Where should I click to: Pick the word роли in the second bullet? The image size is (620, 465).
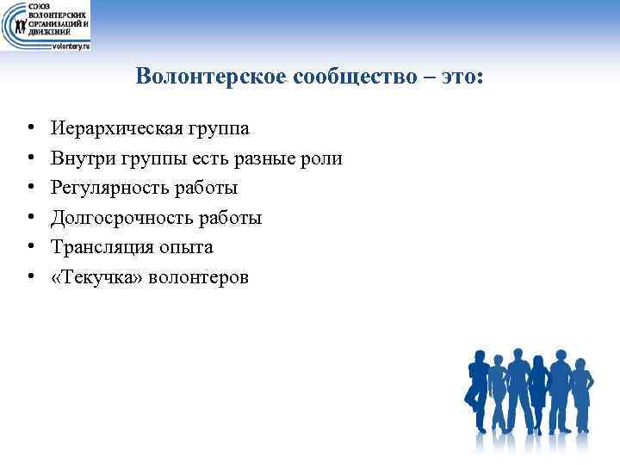pyautogui.click(x=324, y=159)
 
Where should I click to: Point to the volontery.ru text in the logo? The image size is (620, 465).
pyautogui.click(x=71, y=46)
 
